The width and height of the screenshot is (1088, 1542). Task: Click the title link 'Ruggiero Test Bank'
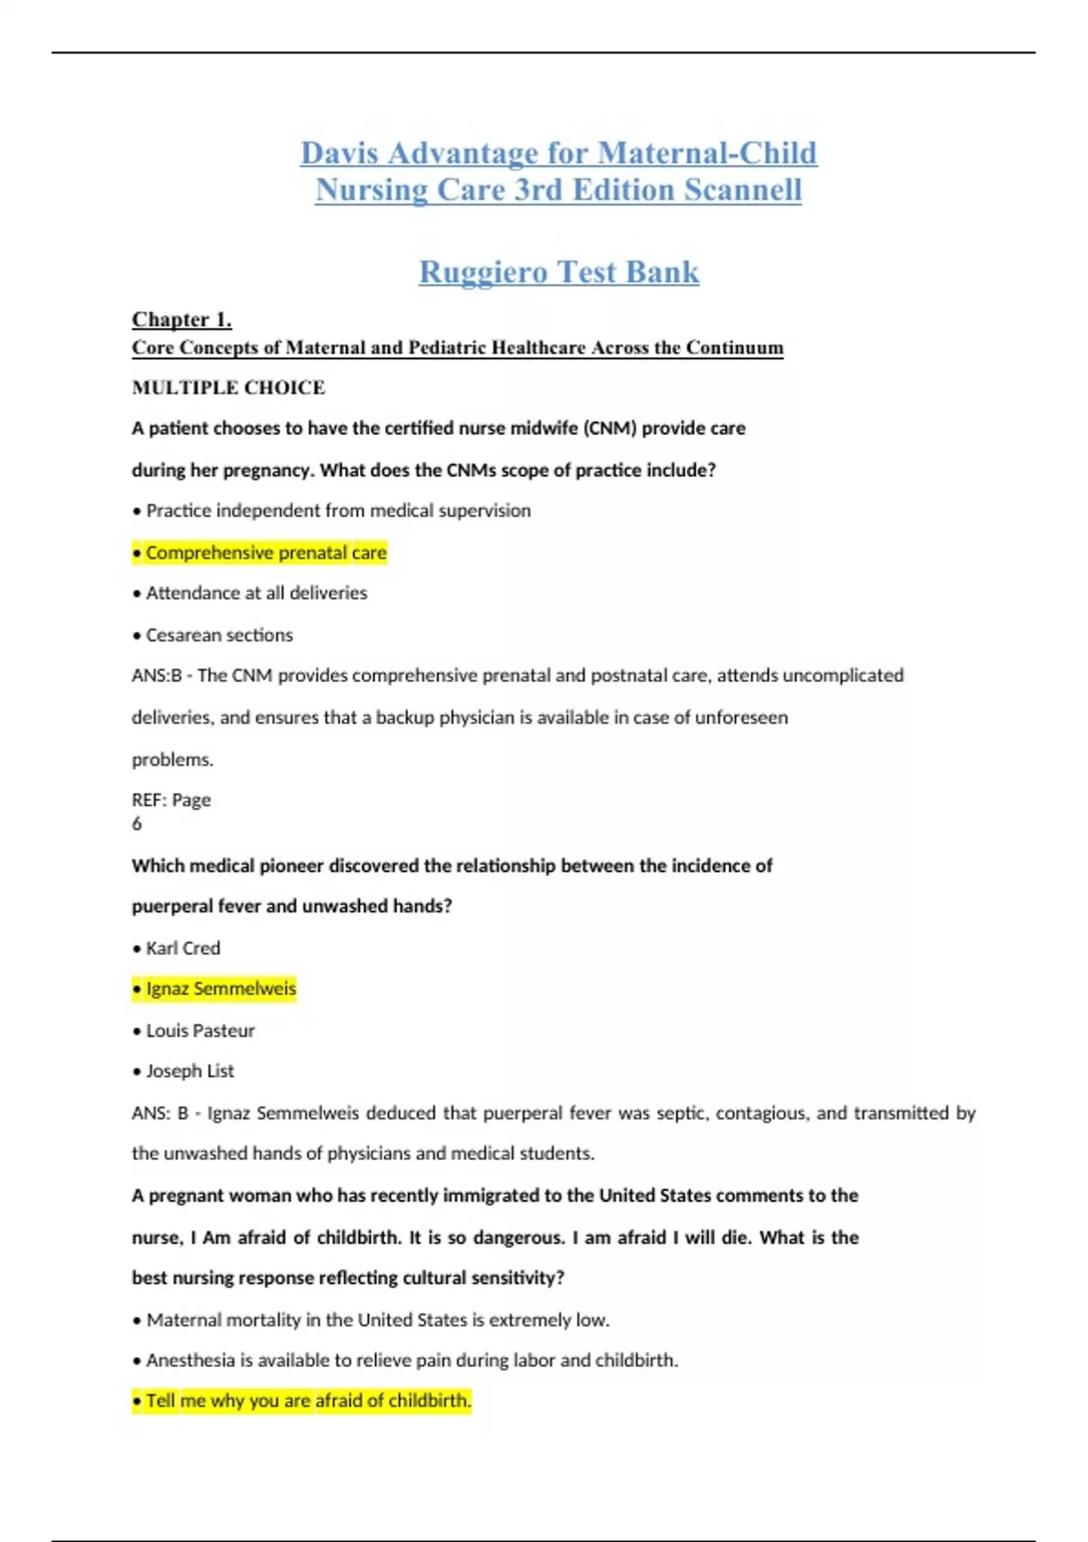pyautogui.click(x=559, y=272)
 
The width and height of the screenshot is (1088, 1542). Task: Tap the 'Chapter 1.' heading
pyautogui.click(x=181, y=319)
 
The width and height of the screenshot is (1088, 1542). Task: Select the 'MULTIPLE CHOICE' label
pyautogui.click(x=228, y=387)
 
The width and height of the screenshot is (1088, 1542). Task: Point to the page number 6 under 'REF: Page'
pyautogui.click(x=137, y=824)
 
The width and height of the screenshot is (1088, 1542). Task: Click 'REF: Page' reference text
pyautogui.click(x=171, y=800)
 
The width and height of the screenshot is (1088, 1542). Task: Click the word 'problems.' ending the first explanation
pyautogui.click(x=172, y=759)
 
